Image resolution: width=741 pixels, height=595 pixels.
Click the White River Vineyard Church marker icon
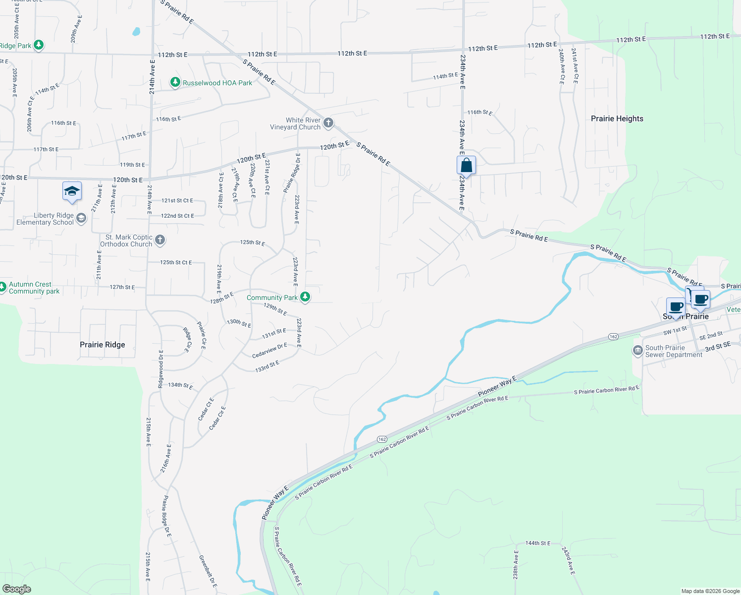[328, 122]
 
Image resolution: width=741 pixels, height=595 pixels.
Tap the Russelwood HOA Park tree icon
[175, 82]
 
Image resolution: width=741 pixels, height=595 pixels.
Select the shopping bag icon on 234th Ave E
[466, 165]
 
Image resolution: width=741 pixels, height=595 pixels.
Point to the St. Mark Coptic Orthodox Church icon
[159, 240]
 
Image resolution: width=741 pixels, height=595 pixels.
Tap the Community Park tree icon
[305, 297]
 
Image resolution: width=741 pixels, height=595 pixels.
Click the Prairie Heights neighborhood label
[617, 119]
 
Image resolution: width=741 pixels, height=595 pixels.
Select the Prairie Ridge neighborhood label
[103, 345]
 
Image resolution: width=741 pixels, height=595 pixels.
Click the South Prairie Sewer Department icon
[638, 351]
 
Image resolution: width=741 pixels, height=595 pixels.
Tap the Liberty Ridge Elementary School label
[45, 219]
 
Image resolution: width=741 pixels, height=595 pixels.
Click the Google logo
[17, 589]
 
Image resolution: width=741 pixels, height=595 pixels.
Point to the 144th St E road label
[538, 543]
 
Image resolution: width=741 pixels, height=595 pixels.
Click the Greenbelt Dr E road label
[208, 571]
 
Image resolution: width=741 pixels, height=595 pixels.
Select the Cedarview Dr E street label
[269, 351]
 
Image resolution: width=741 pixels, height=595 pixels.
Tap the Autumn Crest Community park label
[34, 288]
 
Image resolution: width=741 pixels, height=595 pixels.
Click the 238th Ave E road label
[516, 565]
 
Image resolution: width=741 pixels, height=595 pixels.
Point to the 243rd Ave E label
[568, 561]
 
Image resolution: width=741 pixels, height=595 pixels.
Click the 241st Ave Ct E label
[575, 65]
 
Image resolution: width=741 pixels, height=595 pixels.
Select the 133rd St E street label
[267, 366]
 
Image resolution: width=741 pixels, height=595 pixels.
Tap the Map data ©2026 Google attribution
[710, 591]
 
